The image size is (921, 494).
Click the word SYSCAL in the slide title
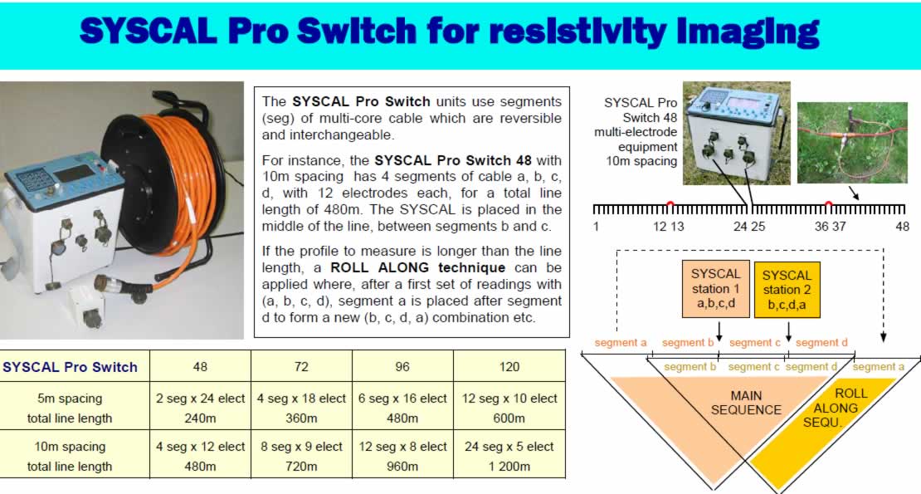click(148, 31)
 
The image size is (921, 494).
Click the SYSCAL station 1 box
click(715, 289)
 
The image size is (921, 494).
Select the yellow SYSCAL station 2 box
click(787, 291)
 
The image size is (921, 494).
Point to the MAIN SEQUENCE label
click(746, 403)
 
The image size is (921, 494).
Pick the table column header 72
click(301, 367)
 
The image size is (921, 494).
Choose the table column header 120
click(509, 367)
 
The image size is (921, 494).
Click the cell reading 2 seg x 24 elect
click(200, 399)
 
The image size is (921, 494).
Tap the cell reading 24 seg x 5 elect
click(509, 447)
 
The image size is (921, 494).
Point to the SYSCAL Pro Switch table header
click(70, 367)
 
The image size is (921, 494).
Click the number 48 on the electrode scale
click(902, 227)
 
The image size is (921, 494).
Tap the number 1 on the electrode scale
click(597, 227)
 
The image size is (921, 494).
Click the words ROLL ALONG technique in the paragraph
click(417, 268)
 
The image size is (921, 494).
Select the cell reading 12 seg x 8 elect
click(403, 447)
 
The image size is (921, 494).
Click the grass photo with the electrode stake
click(852, 143)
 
